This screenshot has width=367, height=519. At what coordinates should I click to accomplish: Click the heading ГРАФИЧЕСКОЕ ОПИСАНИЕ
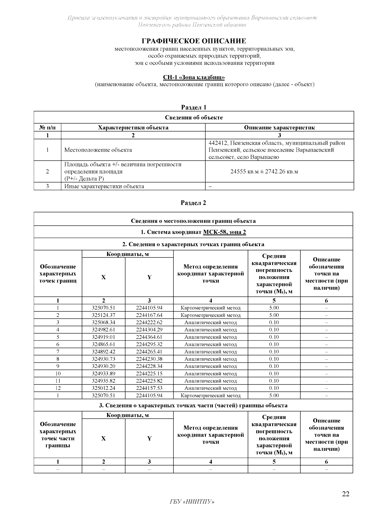pos(194,41)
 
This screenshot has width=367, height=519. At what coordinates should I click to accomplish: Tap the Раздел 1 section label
pos(194,107)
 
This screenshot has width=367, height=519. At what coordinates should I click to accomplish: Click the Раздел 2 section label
pos(193,203)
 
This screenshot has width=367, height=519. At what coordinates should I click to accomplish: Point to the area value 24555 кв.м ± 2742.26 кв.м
pos(264,172)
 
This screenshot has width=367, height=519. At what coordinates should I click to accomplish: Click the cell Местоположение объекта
pos(98,150)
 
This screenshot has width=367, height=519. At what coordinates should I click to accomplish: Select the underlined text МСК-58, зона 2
pos(224,232)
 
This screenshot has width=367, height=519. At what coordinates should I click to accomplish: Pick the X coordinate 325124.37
pos(103,315)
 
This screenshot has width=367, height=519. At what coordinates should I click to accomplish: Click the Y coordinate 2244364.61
pos(149,337)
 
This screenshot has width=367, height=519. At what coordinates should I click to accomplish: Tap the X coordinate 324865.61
pos(103,344)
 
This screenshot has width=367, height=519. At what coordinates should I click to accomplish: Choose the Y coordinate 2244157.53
pos(149,388)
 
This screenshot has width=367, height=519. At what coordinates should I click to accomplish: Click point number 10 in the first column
pos(58,373)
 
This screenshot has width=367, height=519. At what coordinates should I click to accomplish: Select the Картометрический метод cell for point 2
pos(211,315)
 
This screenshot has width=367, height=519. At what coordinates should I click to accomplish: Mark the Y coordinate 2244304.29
pos(149,330)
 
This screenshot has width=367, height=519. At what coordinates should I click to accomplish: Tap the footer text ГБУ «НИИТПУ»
pos(192,502)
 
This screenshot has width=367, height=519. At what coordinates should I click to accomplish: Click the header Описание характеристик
pos(279,128)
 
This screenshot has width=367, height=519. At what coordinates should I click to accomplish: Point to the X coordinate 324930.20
pos(103,366)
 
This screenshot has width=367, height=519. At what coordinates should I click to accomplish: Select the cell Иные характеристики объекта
pos(104,186)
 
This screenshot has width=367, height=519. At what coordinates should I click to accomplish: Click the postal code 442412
pos(217,143)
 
